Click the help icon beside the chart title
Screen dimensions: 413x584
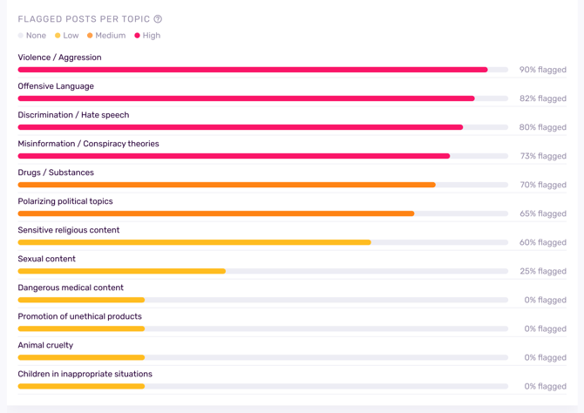[158, 19]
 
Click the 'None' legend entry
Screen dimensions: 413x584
[32, 36]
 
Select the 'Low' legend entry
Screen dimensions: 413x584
[67, 36]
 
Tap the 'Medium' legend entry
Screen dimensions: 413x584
[106, 36]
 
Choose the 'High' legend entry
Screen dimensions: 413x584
[147, 36]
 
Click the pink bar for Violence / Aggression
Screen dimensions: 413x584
[253, 70]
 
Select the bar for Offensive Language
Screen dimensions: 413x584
[246, 98]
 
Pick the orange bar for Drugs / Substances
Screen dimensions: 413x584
[227, 185]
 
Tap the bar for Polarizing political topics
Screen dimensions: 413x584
[216, 213]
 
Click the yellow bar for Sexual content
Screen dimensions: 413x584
[122, 271]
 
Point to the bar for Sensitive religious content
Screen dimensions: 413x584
[194, 242]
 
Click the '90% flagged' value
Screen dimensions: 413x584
[542, 70]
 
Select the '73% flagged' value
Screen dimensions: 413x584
[542, 156]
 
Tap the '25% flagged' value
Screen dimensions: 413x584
[542, 271]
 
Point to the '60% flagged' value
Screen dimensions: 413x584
[542, 242]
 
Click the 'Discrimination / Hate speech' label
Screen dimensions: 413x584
[73, 115]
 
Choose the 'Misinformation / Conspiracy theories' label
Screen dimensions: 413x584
[88, 144]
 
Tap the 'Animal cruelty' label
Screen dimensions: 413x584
[45, 345]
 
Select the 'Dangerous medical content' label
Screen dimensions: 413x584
[71, 288]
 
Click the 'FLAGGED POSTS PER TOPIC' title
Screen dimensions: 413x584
[84, 19]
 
